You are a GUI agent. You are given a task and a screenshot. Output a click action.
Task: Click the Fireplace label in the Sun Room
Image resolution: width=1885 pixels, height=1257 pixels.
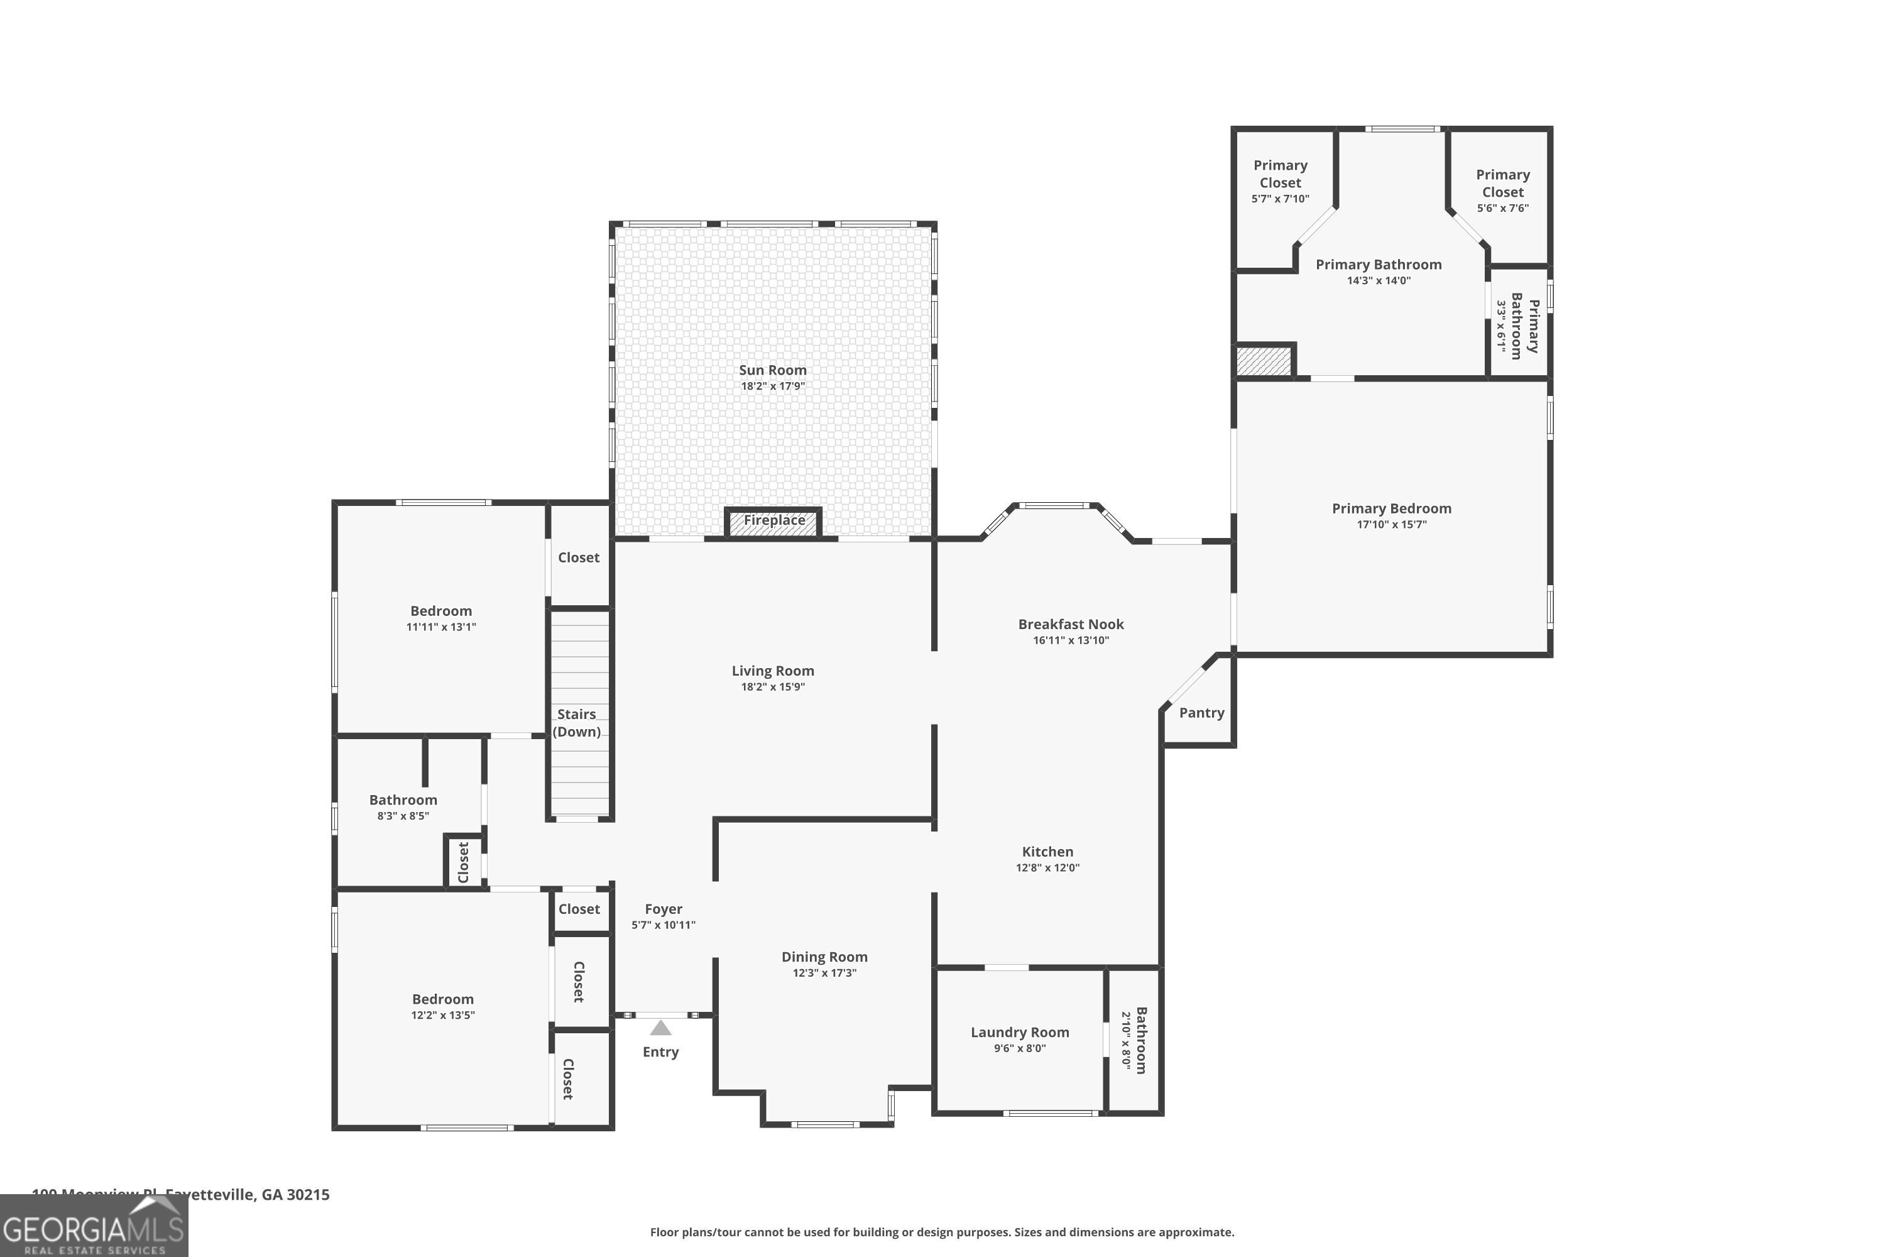773,520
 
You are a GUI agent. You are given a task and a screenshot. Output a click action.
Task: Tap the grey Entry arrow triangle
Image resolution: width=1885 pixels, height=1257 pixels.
660,1028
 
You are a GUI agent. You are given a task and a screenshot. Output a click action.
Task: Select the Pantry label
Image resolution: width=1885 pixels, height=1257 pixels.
1201,713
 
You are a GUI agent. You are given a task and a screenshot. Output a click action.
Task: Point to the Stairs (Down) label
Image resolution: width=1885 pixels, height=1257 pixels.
576,722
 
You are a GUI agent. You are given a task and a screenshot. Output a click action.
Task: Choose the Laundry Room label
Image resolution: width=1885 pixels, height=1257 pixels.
1019,1033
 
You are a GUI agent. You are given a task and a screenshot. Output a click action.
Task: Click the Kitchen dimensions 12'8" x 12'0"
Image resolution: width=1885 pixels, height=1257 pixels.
1047,867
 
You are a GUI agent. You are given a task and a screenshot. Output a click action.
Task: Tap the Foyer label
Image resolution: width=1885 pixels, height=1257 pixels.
663,909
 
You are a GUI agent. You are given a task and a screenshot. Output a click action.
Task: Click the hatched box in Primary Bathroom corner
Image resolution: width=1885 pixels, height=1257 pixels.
1264,361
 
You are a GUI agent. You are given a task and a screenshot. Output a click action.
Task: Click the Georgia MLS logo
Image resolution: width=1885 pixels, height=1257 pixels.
94,1226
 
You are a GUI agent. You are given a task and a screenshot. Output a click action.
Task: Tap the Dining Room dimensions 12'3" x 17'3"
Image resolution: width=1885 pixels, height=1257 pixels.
824,973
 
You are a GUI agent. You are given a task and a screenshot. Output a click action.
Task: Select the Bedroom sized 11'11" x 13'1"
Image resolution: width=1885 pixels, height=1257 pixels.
441,618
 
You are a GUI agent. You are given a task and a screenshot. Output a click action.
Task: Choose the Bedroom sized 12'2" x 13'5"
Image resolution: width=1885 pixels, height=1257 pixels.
442,1006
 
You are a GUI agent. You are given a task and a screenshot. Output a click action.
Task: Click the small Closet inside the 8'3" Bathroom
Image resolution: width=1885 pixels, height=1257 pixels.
463,862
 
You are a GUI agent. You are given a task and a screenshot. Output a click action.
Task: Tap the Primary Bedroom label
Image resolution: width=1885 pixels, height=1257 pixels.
1391,509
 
